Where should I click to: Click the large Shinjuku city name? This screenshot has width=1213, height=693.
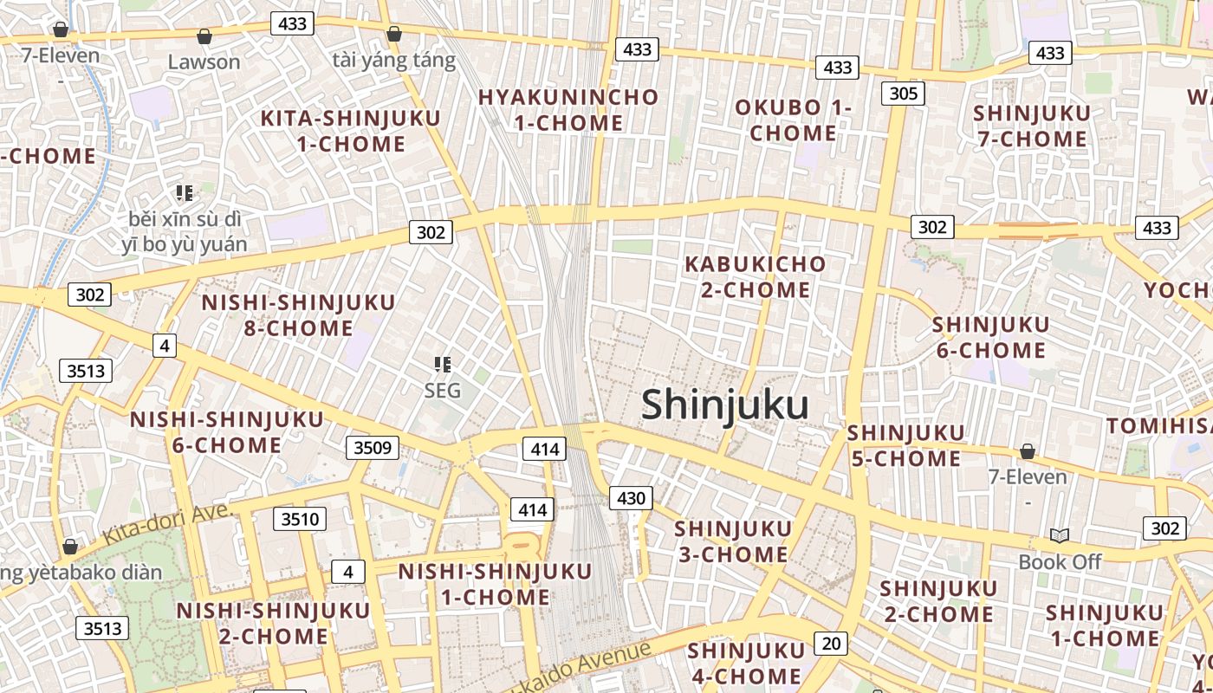(725, 405)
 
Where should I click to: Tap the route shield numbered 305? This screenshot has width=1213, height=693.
(903, 93)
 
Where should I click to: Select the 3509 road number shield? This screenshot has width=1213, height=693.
(373, 448)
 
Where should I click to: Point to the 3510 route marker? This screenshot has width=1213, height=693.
(300, 519)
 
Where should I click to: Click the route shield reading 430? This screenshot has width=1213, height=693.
(632, 497)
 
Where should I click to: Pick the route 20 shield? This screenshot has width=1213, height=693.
(831, 643)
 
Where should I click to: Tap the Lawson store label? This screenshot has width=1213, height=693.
(204, 62)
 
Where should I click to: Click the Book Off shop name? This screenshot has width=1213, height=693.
(1059, 561)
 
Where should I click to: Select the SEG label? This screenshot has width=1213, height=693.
(442, 391)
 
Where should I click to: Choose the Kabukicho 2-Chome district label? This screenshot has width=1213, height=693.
(756, 276)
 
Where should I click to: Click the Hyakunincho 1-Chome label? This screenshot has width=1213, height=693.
(568, 110)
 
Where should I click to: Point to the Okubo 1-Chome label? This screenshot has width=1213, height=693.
(793, 120)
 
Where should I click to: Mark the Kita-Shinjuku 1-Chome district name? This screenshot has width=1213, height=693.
(351, 131)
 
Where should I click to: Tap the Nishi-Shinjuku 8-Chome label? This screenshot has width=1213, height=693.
(298, 315)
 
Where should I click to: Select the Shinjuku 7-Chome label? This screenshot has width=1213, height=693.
(1031, 126)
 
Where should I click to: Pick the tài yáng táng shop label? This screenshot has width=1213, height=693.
(393, 60)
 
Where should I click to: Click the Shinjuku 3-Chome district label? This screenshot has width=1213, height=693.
(732, 541)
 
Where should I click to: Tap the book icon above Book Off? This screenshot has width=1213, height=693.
(1059, 535)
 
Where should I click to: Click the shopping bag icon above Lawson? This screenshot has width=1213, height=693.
(204, 36)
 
